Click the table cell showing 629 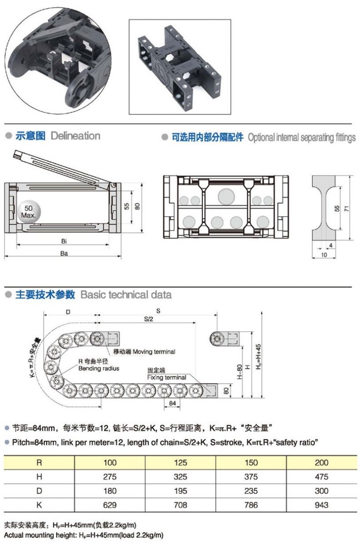[x=110, y=505]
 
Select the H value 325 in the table [x=180, y=477]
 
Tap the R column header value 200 [x=321, y=463]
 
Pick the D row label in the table [x=39, y=491]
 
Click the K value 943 [x=321, y=505]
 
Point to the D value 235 [x=251, y=491]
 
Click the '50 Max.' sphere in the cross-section [x=28, y=211]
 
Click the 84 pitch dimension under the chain [x=172, y=403]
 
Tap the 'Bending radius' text [x=99, y=368]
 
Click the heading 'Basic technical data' [x=126, y=295]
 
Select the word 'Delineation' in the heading [x=75, y=135]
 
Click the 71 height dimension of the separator [x=346, y=208]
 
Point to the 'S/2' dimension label [x=148, y=320]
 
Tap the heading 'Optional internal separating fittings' [x=301, y=137]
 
